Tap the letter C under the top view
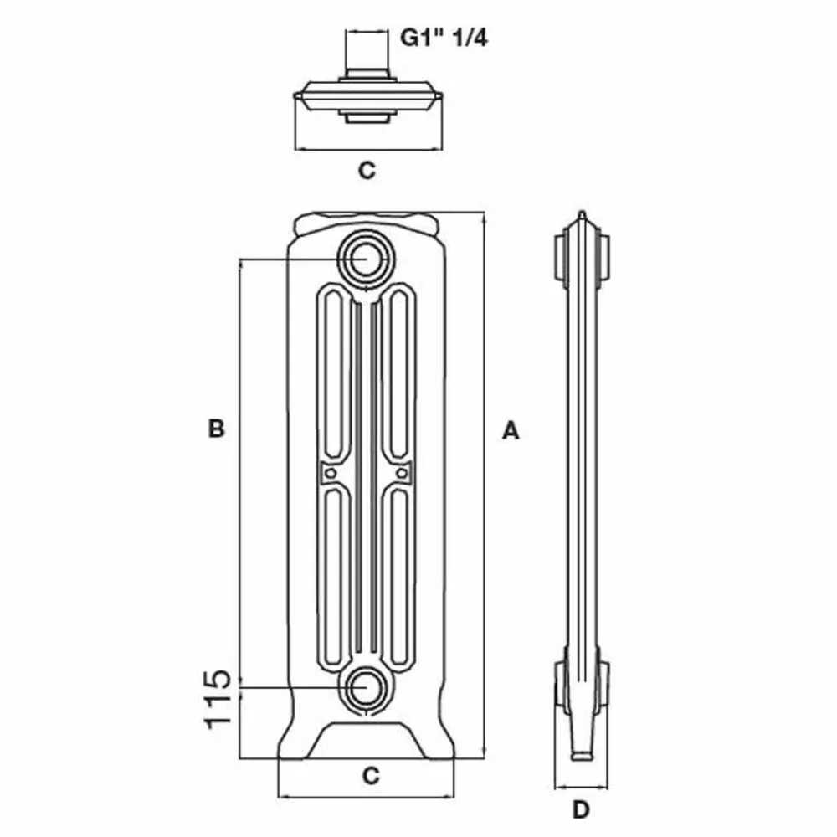[367, 171]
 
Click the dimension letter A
[511, 431]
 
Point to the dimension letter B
[216, 429]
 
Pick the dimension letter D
[582, 809]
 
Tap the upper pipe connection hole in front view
[365, 259]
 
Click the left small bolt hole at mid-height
[331, 473]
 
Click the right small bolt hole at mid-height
[401, 473]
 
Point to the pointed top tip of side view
[580, 216]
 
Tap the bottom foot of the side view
[580, 753]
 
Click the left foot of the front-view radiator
[298, 745]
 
